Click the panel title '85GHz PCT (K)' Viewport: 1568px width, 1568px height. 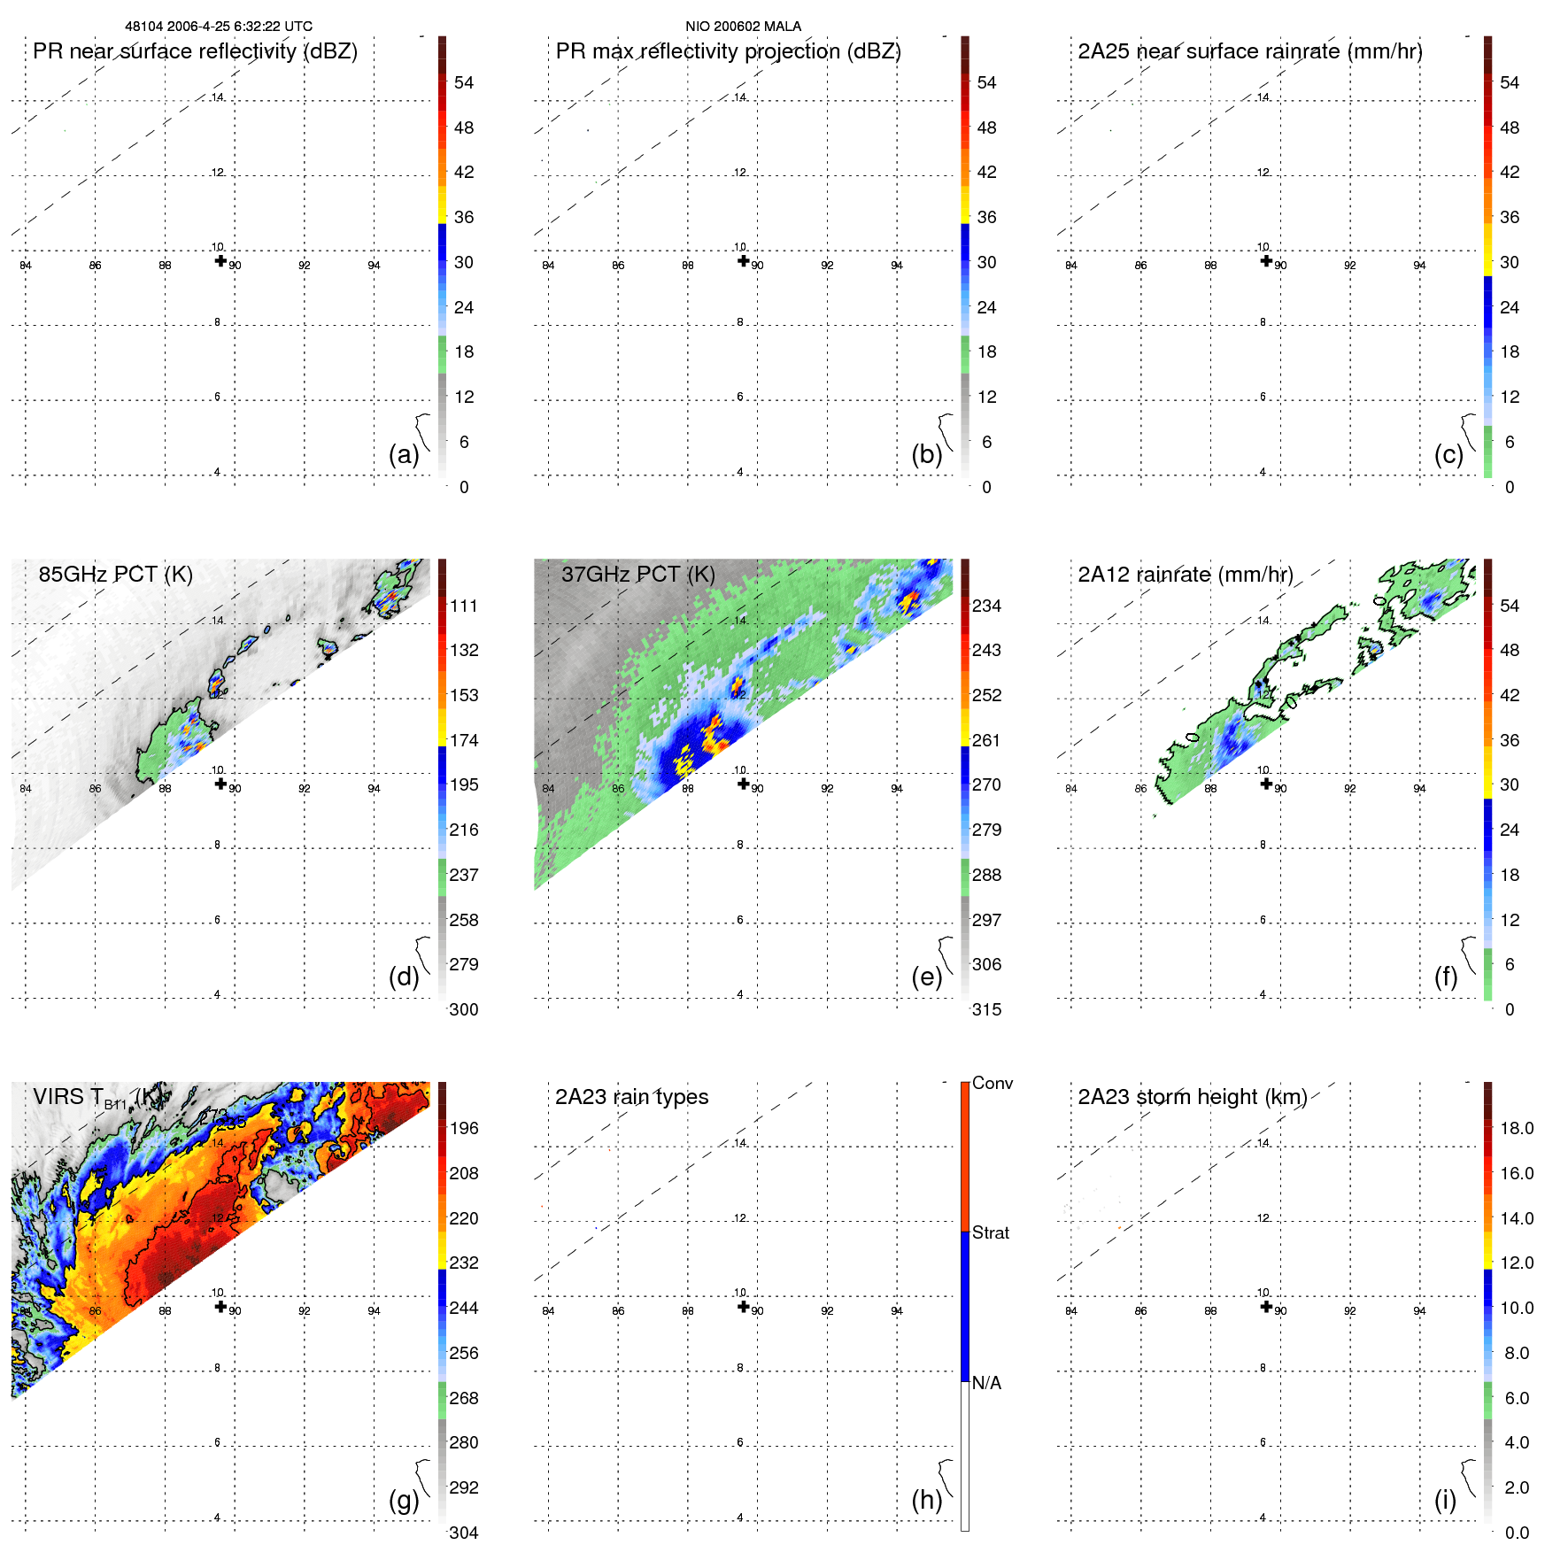115,575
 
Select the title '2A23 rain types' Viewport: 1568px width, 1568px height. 631,1097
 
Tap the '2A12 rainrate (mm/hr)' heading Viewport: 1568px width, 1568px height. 1185,575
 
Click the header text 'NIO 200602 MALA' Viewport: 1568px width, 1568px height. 743,27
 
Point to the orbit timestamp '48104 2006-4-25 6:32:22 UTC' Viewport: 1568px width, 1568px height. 218,27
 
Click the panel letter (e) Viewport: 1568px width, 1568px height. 926,977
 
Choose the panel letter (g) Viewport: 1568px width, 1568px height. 404,1499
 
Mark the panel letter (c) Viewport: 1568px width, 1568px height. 1448,454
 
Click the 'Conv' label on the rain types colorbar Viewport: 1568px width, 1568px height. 992,1083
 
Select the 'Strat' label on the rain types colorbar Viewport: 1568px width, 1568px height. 990,1232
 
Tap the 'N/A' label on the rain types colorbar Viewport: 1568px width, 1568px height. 986,1383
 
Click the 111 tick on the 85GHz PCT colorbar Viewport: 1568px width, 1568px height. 463,606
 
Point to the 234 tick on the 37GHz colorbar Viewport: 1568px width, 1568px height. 986,606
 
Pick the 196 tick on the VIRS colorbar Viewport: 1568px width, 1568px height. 463,1128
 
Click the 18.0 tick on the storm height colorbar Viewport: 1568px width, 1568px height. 1516,1128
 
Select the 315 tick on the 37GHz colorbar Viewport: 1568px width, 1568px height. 986,1009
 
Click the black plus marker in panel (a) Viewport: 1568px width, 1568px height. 220,260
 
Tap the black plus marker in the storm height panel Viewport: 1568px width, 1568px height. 1266,1306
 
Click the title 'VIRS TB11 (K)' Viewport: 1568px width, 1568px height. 97,1098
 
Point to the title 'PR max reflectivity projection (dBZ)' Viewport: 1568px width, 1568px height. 728,51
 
